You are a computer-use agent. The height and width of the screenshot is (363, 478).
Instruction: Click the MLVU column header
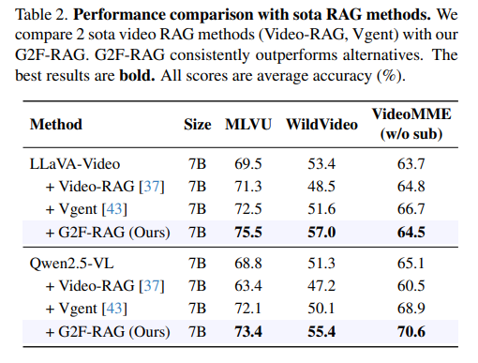coord(248,125)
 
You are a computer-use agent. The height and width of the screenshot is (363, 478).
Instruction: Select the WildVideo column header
coord(321,125)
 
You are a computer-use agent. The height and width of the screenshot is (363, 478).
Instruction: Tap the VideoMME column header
coord(411,124)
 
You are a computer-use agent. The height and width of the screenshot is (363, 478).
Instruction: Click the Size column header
coord(198,125)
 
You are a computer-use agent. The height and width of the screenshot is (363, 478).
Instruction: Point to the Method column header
coord(56,125)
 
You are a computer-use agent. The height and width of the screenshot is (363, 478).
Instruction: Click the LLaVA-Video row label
coord(75,164)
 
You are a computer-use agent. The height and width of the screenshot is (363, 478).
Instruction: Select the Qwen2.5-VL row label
coord(71,264)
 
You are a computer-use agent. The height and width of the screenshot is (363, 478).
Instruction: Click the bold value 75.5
coord(248,233)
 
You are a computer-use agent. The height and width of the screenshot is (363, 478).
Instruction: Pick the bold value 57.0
coord(321,233)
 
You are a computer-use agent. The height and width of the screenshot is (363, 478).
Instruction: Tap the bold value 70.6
coord(411,332)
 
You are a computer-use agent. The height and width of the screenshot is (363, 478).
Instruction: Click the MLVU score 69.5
coord(248,164)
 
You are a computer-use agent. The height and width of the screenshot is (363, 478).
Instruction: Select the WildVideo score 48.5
coord(321,187)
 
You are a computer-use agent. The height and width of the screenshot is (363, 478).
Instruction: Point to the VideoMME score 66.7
coord(411,209)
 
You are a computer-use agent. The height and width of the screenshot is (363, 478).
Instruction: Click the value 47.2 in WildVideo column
coord(321,286)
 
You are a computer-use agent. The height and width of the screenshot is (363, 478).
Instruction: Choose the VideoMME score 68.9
coord(411,309)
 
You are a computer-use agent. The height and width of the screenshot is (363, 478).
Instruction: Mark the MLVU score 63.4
coord(248,286)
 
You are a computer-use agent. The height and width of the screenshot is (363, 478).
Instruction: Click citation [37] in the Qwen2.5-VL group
coord(152,286)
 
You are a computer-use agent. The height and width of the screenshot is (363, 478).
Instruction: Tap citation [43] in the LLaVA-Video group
coord(114,209)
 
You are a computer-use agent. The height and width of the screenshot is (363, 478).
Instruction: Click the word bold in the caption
coord(137,75)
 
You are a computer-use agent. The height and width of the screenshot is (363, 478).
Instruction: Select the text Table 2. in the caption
coord(41,15)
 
